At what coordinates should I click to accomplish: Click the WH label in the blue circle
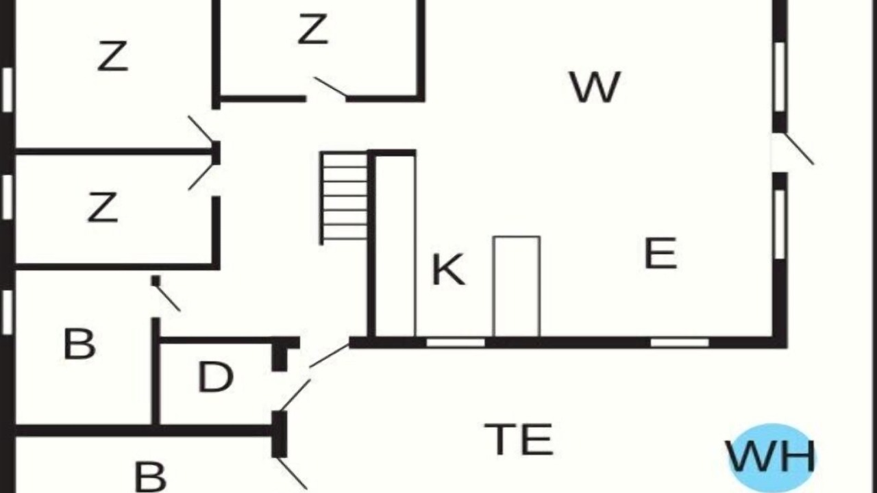[x=771, y=457]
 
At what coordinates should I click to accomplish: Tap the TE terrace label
[x=519, y=440]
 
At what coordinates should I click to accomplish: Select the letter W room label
[x=595, y=87]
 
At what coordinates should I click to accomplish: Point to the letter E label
[x=660, y=253]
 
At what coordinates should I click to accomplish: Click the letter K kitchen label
[x=449, y=269]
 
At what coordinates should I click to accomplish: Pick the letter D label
[x=215, y=377]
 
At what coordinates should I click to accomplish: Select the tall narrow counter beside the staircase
[x=396, y=245]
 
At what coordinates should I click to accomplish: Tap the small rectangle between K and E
[x=517, y=286]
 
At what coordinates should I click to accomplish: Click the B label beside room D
[x=79, y=344]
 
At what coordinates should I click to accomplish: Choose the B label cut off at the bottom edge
[x=150, y=477]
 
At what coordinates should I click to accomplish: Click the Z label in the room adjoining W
[x=312, y=29]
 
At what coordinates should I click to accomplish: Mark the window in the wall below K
[x=456, y=343]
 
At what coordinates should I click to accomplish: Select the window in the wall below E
[x=680, y=343]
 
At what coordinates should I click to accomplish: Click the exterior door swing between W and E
[x=799, y=149]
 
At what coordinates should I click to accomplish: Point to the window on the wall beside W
[x=780, y=77]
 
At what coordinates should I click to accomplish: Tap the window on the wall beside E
[x=780, y=224]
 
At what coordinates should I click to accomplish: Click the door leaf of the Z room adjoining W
[x=330, y=86]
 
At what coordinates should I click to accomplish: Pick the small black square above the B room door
[x=156, y=281]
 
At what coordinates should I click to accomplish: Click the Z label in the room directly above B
[x=103, y=207]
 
